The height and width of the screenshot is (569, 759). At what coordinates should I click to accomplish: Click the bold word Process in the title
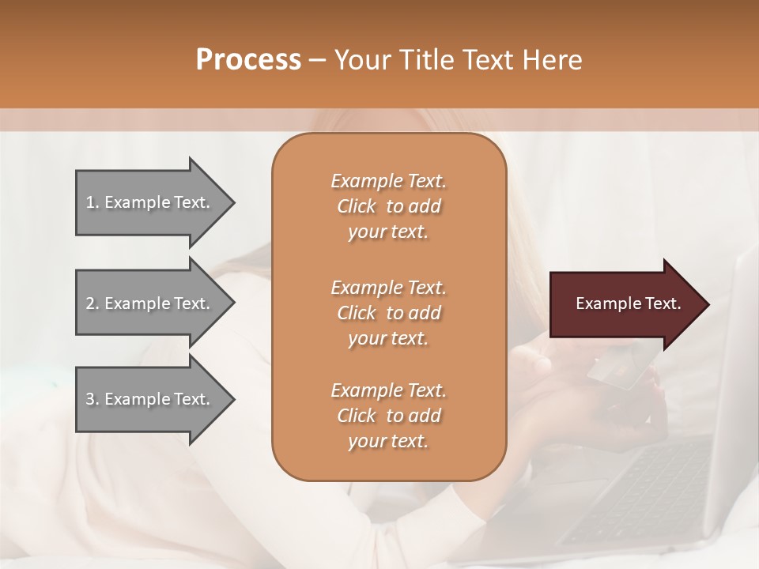pos(248,59)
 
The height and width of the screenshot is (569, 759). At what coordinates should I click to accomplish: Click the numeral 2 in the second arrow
pos(89,303)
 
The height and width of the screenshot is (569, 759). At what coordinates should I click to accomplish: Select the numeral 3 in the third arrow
pos(89,399)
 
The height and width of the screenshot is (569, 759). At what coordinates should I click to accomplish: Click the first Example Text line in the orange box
pos(388,181)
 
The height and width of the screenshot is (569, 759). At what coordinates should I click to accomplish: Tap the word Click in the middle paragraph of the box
pos(356,313)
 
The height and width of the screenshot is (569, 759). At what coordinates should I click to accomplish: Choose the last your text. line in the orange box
pos(388,441)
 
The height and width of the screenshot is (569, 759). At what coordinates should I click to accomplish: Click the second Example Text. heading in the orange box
pos(388,288)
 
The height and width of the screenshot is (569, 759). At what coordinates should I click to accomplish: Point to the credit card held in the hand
pos(620,371)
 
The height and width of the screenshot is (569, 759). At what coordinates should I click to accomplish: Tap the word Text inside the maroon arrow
pos(663,303)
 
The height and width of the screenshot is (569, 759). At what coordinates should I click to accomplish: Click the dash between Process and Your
pos(318,60)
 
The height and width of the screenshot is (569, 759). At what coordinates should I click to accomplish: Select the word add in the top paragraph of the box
pos(425,206)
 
